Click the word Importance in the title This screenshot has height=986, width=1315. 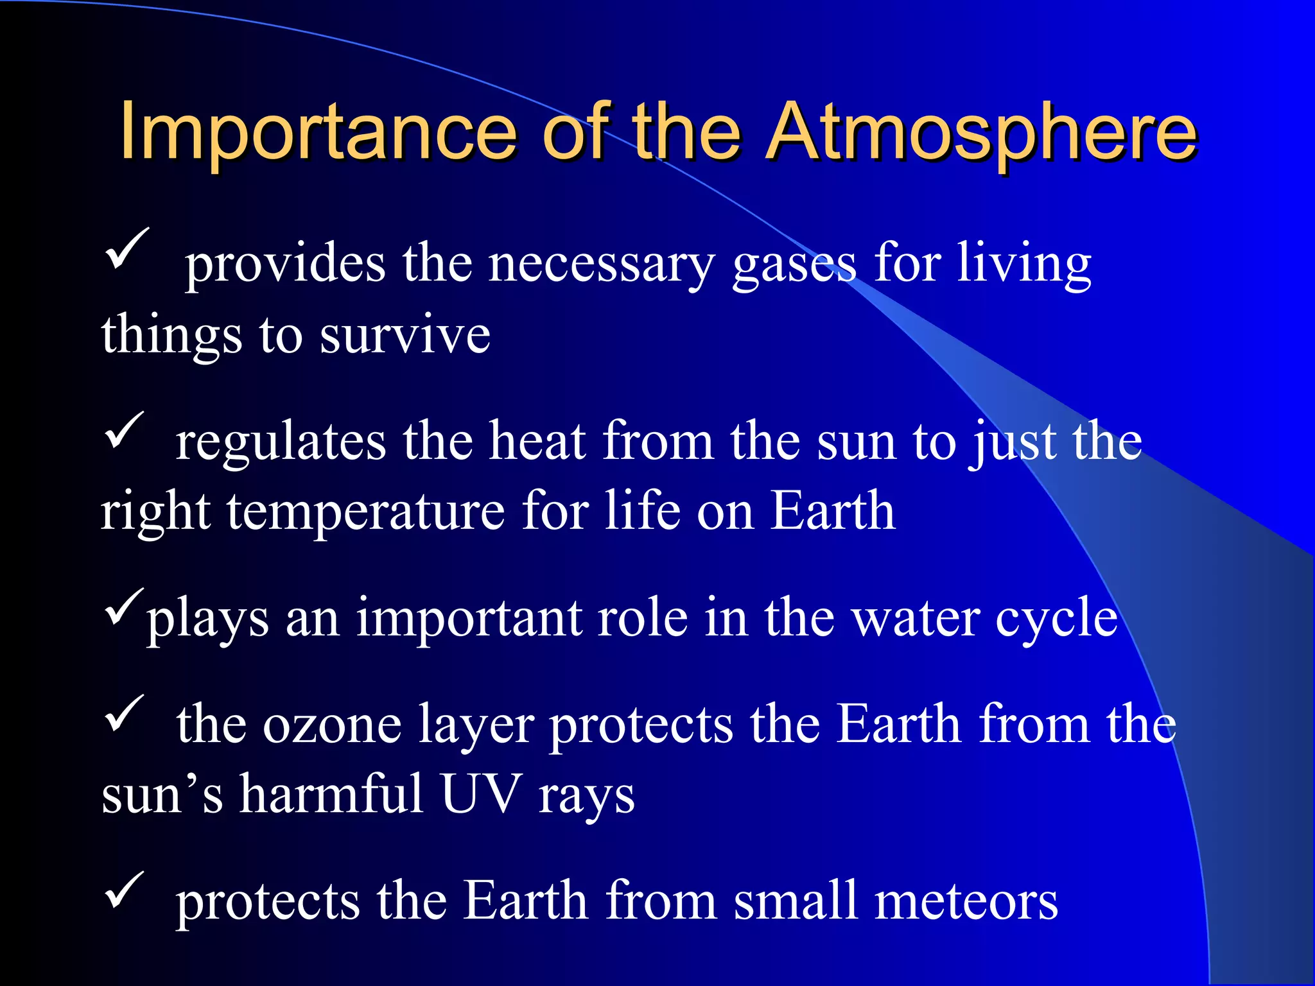coord(317,133)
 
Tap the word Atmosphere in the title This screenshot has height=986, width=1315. coord(982,133)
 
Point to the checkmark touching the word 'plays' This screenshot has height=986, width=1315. coord(124,607)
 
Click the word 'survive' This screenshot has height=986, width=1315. coord(405,336)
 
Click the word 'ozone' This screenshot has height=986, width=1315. coord(333,726)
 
